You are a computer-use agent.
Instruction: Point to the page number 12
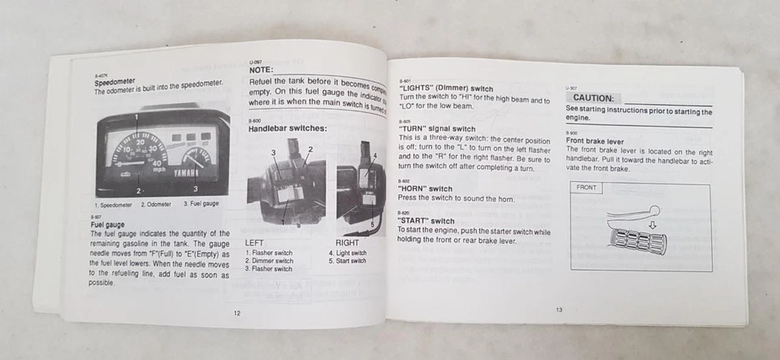click(x=236, y=312)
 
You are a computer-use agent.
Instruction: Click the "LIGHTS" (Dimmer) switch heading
click(x=446, y=89)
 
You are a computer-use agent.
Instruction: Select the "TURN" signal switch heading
click(x=437, y=128)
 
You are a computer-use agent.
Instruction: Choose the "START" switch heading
click(x=427, y=221)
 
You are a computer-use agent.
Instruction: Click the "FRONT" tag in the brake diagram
click(x=586, y=188)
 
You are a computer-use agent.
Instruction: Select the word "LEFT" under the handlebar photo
click(x=254, y=243)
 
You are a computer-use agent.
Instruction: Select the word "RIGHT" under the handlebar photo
click(x=347, y=243)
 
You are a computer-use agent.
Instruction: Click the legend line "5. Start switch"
click(x=347, y=261)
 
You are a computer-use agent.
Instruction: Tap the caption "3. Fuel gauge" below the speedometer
click(x=201, y=204)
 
